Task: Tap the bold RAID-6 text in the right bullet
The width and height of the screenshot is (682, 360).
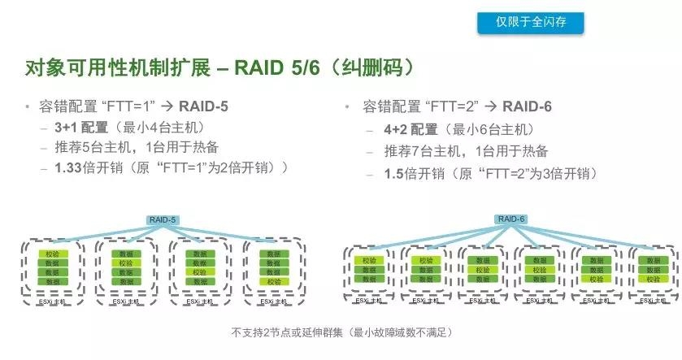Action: click(x=528, y=106)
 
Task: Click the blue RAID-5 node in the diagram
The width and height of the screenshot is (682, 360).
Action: click(x=163, y=219)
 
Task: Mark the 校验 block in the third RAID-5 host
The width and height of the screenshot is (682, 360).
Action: click(x=198, y=272)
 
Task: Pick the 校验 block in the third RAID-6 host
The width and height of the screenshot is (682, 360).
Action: click(x=482, y=269)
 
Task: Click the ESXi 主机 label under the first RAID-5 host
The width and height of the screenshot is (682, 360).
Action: click(x=50, y=301)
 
